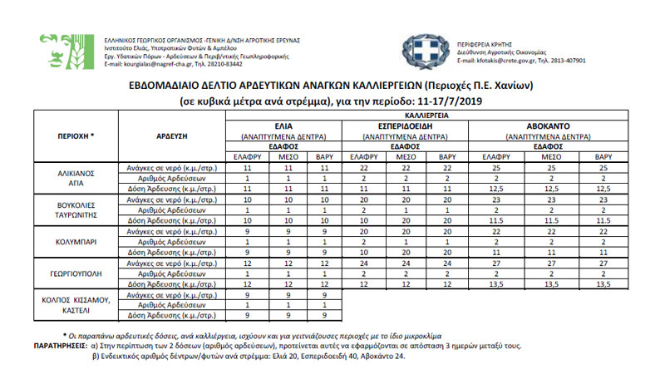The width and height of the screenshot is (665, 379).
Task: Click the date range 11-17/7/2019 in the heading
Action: point(446,101)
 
